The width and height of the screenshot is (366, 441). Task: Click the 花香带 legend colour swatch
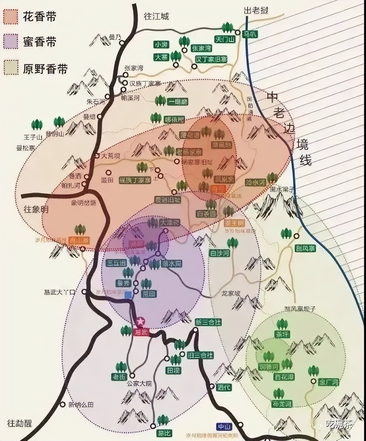[x=10, y=16]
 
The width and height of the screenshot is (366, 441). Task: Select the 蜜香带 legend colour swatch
[x=10, y=42]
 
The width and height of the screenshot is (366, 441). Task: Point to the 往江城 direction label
[x=157, y=16]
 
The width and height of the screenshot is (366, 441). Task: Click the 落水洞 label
[x=172, y=264]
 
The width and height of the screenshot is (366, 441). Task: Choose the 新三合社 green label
[x=208, y=322]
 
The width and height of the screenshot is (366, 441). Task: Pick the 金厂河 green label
[x=329, y=382]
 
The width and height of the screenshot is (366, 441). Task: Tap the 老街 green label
[x=119, y=377]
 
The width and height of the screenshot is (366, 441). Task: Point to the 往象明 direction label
[x=36, y=209]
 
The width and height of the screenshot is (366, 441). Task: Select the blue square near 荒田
[x=128, y=295]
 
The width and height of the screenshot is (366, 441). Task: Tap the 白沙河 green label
[x=219, y=253]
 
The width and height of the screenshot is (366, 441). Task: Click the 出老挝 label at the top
[x=256, y=10]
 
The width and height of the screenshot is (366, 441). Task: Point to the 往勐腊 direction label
[x=20, y=423]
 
